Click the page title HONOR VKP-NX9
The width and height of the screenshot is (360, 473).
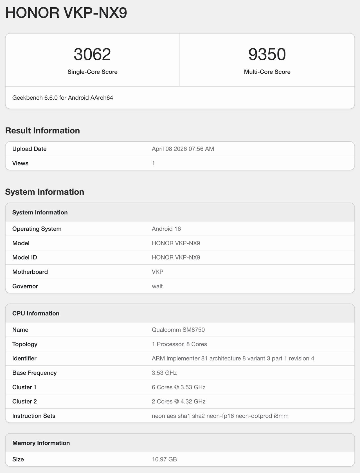66,13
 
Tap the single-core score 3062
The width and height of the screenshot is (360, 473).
92,54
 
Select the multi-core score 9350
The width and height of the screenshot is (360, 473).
267,54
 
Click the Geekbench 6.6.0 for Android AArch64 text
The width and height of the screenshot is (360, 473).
63,98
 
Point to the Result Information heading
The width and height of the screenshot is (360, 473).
42,131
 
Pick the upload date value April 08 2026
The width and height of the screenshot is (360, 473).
183,149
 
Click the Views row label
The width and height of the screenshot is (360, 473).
20,163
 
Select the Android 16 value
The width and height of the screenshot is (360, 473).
166,229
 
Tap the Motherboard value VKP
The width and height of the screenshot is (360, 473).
157,272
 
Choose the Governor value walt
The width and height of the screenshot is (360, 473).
157,286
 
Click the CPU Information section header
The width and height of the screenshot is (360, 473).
36,313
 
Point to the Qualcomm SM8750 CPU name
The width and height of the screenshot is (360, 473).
178,330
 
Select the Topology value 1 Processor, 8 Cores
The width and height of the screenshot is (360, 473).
179,344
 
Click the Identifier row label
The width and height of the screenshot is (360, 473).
24,358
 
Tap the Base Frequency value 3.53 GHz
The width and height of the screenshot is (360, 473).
164,373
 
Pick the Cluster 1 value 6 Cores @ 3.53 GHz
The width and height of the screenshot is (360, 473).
179,387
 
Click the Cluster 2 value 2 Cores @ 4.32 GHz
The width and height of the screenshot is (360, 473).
179,402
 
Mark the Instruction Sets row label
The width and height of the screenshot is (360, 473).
34,416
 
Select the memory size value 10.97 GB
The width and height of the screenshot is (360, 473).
164,459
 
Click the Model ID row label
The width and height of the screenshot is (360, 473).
24,257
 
